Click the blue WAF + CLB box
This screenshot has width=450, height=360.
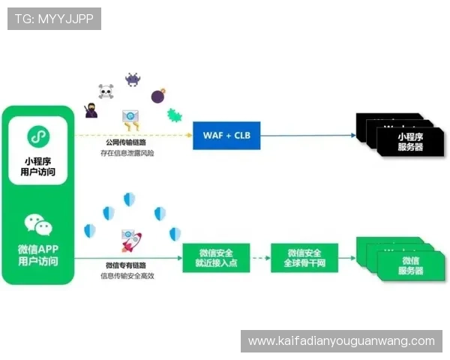tap(226, 136)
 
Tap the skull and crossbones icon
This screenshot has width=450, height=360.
tap(106, 92)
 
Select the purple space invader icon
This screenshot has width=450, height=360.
tap(133, 79)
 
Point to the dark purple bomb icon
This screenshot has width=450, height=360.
tap(158, 96)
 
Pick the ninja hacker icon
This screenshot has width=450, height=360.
tap(91, 111)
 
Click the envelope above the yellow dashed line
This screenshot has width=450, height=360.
tap(131, 118)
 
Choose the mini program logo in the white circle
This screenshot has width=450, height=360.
tap(38, 136)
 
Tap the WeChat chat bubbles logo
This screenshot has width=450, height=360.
tap(38, 223)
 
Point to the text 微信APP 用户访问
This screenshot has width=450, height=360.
tap(38, 256)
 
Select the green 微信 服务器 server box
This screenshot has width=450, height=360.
tap(409, 265)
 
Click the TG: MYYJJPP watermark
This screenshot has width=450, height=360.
tap(54, 19)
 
